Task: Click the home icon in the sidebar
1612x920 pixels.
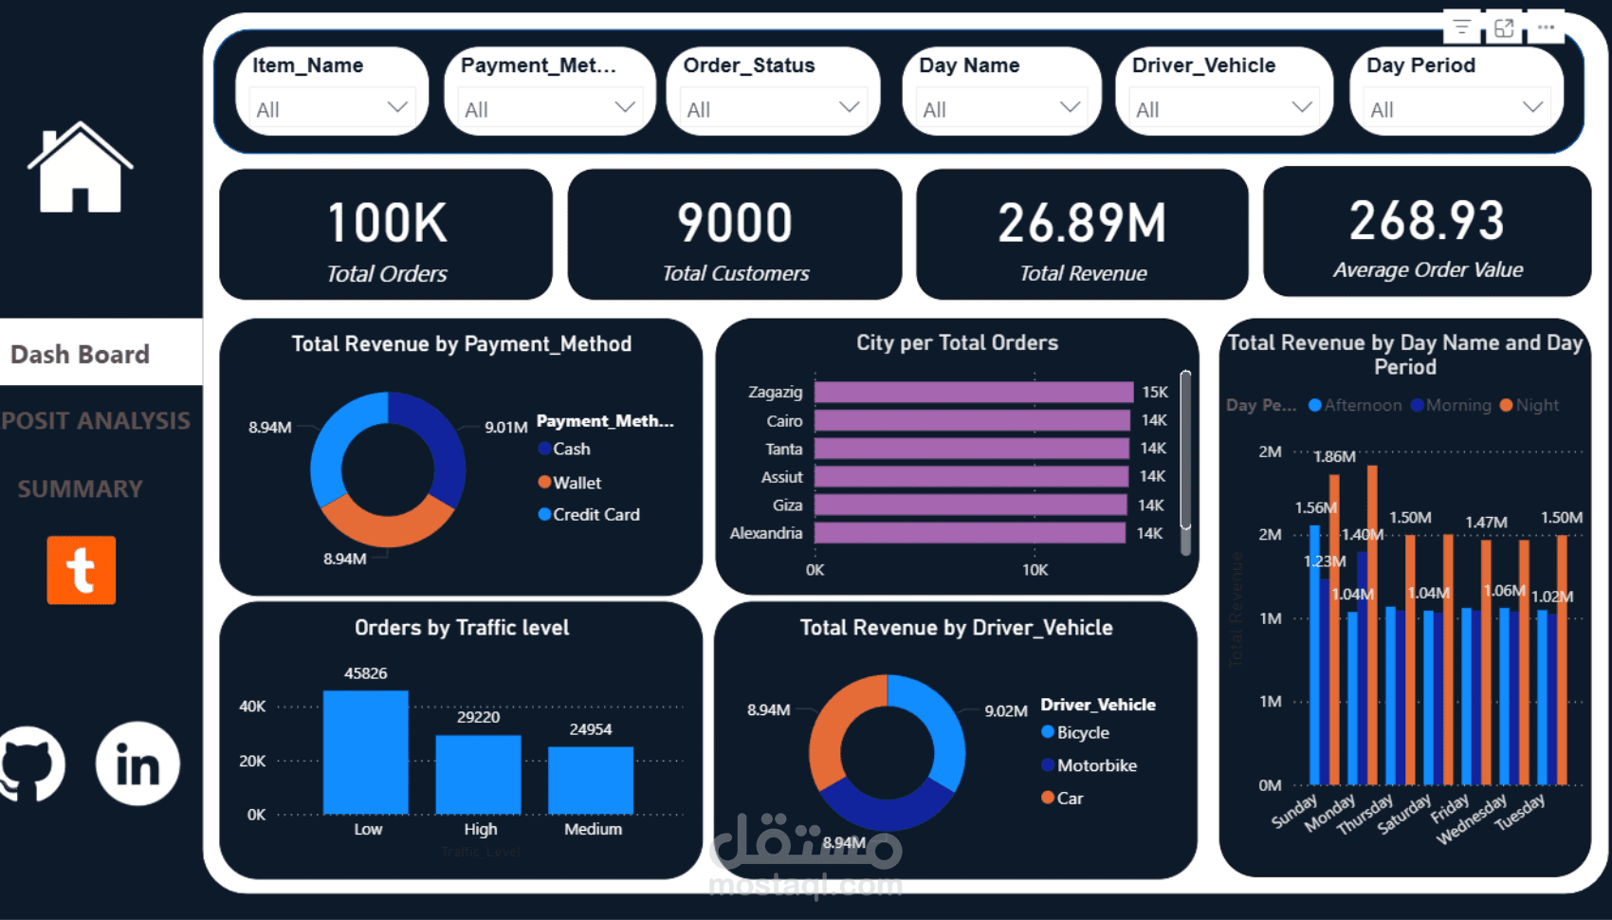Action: point(80,168)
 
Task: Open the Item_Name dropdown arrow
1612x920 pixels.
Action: point(397,107)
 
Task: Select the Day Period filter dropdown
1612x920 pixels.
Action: point(1456,108)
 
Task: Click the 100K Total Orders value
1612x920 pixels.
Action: point(387,223)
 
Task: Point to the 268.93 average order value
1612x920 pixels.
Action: point(1426,221)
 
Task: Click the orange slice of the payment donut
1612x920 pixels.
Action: point(387,526)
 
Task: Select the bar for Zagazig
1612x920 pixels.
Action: point(973,393)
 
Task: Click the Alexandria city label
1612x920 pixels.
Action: point(765,533)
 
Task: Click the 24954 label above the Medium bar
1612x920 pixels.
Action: point(590,729)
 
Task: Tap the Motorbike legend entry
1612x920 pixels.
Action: point(1095,765)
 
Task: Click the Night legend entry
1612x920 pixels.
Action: point(1535,405)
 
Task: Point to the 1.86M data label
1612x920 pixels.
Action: point(1334,456)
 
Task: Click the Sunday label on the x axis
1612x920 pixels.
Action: point(1294,811)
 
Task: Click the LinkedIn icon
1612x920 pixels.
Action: point(137,764)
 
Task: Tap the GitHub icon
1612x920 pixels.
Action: point(30,764)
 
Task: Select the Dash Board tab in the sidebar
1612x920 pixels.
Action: point(81,354)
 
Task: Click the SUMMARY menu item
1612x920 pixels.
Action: point(81,488)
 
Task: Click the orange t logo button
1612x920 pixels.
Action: point(82,570)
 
